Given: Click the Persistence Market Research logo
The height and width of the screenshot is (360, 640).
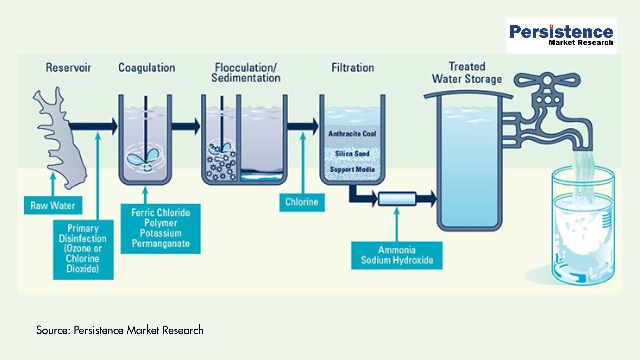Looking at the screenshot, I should click(x=561, y=36).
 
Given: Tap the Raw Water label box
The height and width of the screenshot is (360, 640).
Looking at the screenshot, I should click(x=53, y=205).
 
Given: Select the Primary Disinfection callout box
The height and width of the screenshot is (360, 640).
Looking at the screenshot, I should click(x=83, y=249).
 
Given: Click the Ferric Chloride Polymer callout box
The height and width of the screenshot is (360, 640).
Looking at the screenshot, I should click(x=160, y=228).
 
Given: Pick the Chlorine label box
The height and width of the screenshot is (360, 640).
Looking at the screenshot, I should click(x=302, y=202).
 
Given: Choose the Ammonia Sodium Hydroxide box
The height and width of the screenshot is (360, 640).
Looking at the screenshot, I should click(x=397, y=255).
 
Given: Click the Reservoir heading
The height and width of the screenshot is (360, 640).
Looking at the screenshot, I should click(x=68, y=68).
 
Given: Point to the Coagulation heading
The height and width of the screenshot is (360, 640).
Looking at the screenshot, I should click(x=147, y=68).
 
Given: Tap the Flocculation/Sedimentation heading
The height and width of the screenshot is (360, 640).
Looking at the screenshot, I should click(x=246, y=73).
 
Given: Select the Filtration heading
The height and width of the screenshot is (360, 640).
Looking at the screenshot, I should click(x=352, y=68).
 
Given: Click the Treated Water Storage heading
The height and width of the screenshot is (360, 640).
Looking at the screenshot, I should click(x=467, y=73).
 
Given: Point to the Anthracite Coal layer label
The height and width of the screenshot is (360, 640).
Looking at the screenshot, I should click(x=352, y=134).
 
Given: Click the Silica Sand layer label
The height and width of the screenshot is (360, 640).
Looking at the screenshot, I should click(x=352, y=154).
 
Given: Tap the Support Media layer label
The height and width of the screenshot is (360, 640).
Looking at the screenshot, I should click(x=352, y=169).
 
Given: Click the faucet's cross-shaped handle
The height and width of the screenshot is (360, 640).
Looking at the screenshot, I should click(x=547, y=80).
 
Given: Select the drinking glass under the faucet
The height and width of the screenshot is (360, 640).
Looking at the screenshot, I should click(x=583, y=227).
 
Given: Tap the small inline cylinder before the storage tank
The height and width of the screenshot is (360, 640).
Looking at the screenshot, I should click(x=397, y=199).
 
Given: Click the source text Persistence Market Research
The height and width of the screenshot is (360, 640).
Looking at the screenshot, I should click(x=120, y=330).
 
